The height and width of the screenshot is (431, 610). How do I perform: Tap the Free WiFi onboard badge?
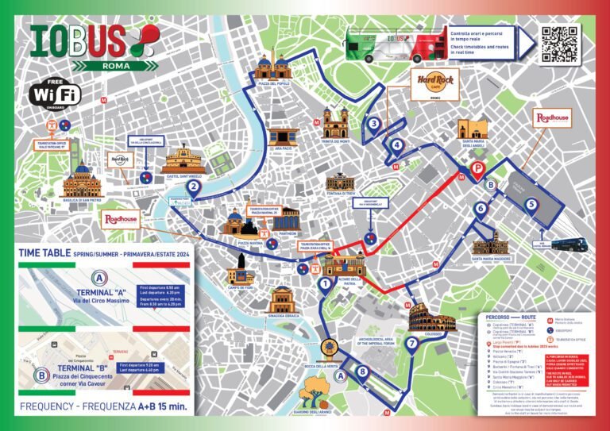56,94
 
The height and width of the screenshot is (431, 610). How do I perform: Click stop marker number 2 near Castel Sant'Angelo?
194,187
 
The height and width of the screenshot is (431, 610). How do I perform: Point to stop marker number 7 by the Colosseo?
411,344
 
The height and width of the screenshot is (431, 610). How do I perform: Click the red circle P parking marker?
478,168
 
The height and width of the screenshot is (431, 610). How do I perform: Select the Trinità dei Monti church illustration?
335,122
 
